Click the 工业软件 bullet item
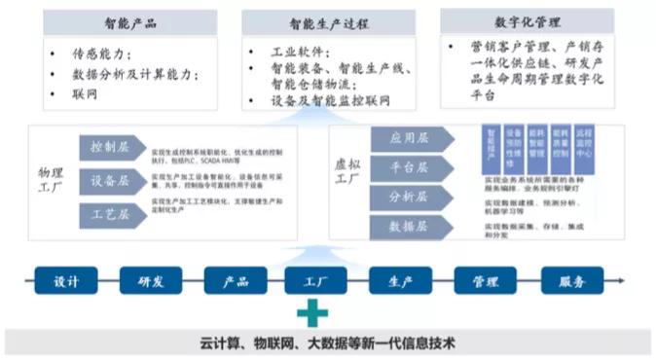tap(301, 51)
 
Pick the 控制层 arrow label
tap(109, 148)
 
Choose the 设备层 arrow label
tap(109, 180)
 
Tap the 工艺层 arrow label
tap(109, 212)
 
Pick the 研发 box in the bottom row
tap(150, 281)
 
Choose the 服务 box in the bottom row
tap(571, 281)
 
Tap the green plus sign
tap(312, 313)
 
